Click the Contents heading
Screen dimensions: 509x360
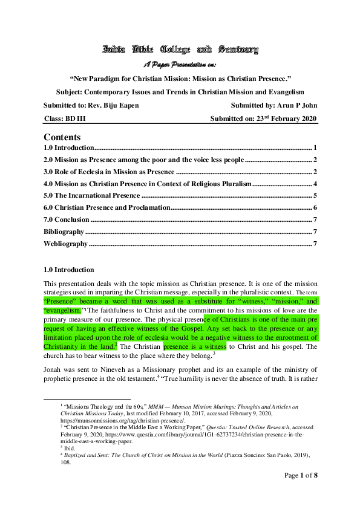[x=62, y=137]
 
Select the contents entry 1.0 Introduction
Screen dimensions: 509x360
[x=69, y=148]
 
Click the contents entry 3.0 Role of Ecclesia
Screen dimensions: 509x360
[x=109, y=172]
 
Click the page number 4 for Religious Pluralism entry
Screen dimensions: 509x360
[x=315, y=184]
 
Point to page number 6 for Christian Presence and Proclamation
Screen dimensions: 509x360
[x=315, y=208]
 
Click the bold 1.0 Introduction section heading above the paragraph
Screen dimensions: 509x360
[x=69, y=270]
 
